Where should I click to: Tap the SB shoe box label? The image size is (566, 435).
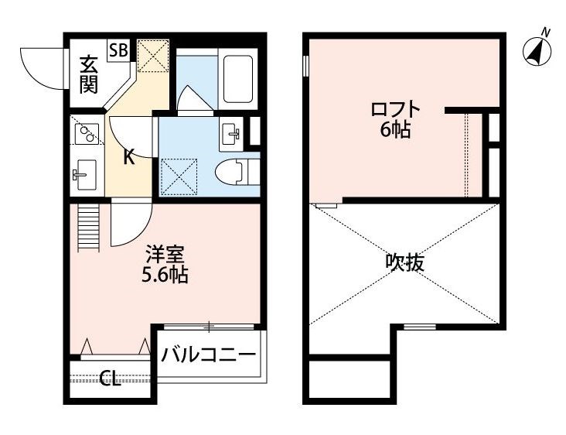tap(118, 51)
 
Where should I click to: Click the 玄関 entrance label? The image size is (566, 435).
tap(89, 74)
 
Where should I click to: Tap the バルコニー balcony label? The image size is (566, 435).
tap(208, 356)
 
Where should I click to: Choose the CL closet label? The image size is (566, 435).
tap(111, 379)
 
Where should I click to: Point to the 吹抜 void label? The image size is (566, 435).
tap(404, 262)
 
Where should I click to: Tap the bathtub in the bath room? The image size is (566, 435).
tap(237, 79)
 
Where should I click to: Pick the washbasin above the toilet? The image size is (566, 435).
tap(232, 133)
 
